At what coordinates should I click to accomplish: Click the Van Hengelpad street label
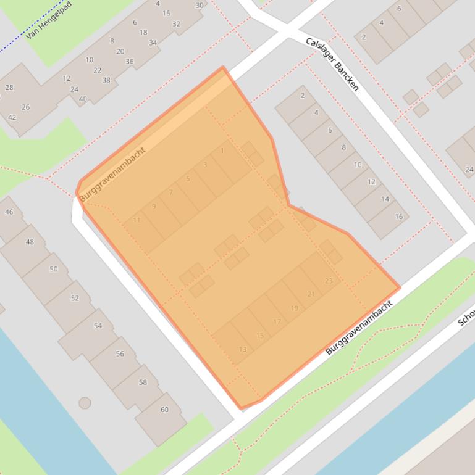pyautogui.click(x=49, y=20)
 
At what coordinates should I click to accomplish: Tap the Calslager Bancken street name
pyautogui.click(x=332, y=64)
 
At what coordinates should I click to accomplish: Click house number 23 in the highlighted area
pyautogui.click(x=328, y=281)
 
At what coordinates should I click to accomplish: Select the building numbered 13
pyautogui.click(x=242, y=349)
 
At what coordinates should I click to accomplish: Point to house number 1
pyautogui.click(x=222, y=151)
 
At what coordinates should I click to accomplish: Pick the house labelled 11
pyautogui.click(x=137, y=220)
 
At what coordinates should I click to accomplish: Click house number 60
pyautogui.click(x=164, y=410)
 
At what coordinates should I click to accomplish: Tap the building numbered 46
pyautogui.click(x=9, y=212)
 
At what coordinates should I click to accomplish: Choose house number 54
pyautogui.click(x=98, y=326)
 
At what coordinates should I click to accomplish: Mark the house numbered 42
pyautogui.click(x=12, y=117)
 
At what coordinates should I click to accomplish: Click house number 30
pyautogui.click(x=199, y=5)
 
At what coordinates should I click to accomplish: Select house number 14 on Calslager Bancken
pyautogui.click(x=385, y=199)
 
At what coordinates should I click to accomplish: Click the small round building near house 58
pyautogui.click(x=85, y=403)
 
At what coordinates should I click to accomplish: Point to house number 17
pyautogui.click(x=277, y=321)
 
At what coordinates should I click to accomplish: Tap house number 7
pyautogui.click(x=171, y=192)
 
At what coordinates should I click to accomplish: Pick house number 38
pyautogui.click(x=106, y=80)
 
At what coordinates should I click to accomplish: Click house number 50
pyautogui.click(x=53, y=269)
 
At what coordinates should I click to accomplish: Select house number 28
pyautogui.click(x=9, y=88)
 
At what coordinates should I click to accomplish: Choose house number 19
pyautogui.click(x=294, y=308)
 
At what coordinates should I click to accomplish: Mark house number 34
pyautogui.click(x=153, y=43)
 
